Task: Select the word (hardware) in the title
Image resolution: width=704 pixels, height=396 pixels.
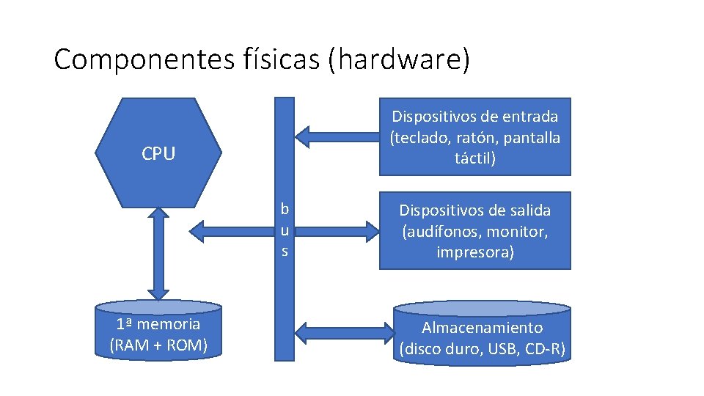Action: pyautogui.click(x=398, y=59)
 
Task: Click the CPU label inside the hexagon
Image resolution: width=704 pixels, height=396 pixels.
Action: pyautogui.click(x=158, y=154)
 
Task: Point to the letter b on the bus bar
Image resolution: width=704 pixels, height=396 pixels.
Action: pyautogui.click(x=285, y=209)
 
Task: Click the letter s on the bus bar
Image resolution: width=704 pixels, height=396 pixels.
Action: pyautogui.click(x=285, y=251)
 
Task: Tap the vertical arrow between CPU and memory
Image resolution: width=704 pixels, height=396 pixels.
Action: pyautogui.click(x=158, y=253)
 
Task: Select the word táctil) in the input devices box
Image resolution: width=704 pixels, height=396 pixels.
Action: pyautogui.click(x=475, y=158)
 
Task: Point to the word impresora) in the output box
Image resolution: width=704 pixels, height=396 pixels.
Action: pyautogui.click(x=475, y=252)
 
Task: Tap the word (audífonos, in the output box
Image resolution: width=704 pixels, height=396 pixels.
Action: pyautogui.click(x=438, y=232)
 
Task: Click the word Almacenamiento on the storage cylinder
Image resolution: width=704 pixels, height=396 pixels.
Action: pyautogui.click(x=483, y=328)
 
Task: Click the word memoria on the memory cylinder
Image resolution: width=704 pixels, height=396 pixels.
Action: pyautogui.click(x=168, y=324)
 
